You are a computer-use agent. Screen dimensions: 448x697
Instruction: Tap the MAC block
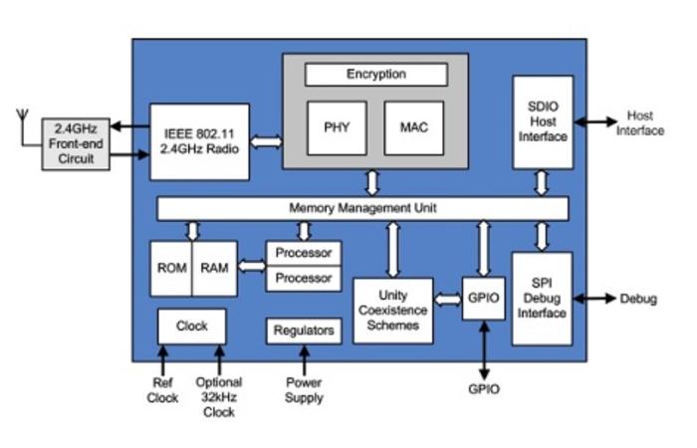[413, 128]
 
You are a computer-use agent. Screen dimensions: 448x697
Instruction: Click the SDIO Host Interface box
[543, 121]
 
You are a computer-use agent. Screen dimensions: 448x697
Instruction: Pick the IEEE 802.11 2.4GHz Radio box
[199, 141]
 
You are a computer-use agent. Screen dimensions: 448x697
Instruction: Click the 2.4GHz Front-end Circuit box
[77, 142]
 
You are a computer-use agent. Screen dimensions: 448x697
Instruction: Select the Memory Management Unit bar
[362, 209]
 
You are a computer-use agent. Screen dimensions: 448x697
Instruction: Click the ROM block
[170, 268]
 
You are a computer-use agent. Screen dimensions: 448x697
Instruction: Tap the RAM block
[215, 268]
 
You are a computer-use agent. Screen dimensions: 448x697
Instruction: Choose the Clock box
[191, 326]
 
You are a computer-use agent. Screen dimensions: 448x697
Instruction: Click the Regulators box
[304, 331]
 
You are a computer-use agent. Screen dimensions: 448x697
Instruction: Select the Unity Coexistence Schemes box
[393, 311]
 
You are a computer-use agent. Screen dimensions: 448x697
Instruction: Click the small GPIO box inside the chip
[484, 298]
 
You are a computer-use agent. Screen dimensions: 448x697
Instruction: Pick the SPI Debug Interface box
[543, 299]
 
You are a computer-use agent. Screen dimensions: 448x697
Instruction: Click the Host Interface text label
[640, 123]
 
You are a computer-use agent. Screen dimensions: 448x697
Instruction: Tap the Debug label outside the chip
[638, 299]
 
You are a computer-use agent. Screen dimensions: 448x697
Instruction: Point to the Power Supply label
[304, 390]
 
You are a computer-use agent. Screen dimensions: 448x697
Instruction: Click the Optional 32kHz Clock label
[219, 397]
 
